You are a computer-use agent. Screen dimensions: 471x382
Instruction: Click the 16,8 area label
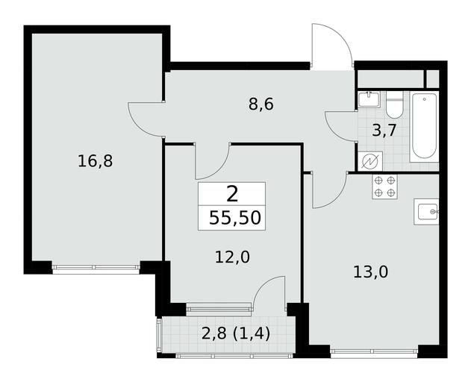tap(95, 161)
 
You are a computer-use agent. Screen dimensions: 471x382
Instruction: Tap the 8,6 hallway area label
tap(261, 104)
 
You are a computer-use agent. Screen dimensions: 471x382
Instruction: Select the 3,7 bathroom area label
tap(385, 131)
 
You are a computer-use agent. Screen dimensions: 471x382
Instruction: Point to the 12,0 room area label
tap(232, 257)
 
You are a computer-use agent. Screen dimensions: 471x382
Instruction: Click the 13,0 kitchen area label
tap(371, 272)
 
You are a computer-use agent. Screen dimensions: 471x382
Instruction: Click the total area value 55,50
tap(235, 218)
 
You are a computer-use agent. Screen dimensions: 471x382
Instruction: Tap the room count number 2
tap(232, 194)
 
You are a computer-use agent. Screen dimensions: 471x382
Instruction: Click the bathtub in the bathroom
tap(425, 128)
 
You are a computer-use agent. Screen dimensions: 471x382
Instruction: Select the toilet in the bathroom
tap(394, 104)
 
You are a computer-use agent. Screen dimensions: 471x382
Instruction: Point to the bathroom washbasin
tap(369, 99)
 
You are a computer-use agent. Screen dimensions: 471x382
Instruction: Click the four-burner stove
tap(385, 187)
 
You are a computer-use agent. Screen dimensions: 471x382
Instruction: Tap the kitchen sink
tap(426, 212)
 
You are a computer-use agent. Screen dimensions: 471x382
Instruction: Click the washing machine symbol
tap(370, 161)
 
